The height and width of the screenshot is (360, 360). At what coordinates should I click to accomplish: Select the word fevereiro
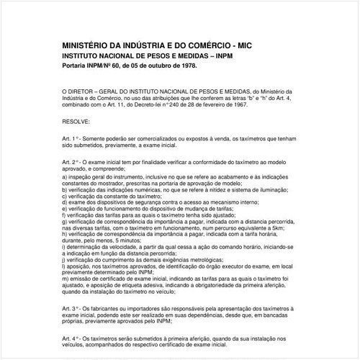coord(188,105)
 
